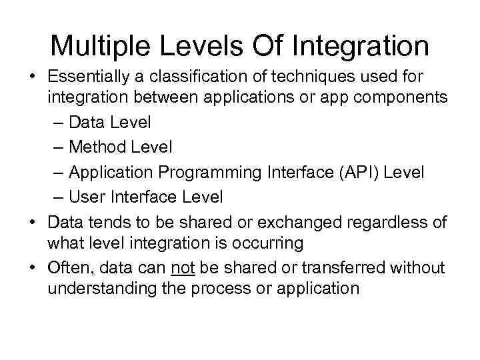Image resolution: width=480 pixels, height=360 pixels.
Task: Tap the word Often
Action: [x=69, y=267]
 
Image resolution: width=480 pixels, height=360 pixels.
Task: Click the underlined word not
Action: [x=182, y=267]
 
